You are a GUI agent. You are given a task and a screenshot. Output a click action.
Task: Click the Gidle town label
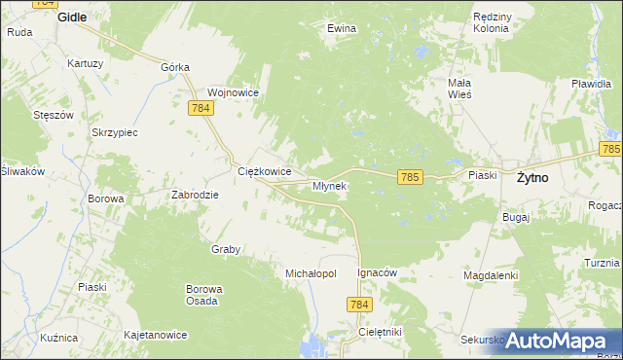point(72,18)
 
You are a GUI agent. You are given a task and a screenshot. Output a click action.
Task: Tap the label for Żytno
point(531,178)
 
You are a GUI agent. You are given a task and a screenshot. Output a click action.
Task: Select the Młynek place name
point(329,185)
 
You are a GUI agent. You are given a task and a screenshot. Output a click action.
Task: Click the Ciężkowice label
point(266,171)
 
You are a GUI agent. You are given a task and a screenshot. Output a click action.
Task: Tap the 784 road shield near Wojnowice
point(202,108)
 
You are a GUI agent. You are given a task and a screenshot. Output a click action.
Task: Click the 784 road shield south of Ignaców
point(359,306)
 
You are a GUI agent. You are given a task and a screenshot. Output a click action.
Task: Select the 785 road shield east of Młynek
point(410,176)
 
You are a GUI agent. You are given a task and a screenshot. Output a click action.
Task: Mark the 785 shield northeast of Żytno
point(610,149)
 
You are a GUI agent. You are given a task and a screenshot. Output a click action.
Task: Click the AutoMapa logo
point(556,341)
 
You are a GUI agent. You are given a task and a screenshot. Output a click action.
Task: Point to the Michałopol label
point(311,274)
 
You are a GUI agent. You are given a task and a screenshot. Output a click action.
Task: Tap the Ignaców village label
point(378,273)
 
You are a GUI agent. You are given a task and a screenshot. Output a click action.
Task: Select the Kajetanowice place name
point(155,335)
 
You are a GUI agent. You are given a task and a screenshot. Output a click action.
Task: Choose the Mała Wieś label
point(459,89)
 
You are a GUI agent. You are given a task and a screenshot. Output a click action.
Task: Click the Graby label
point(226,249)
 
